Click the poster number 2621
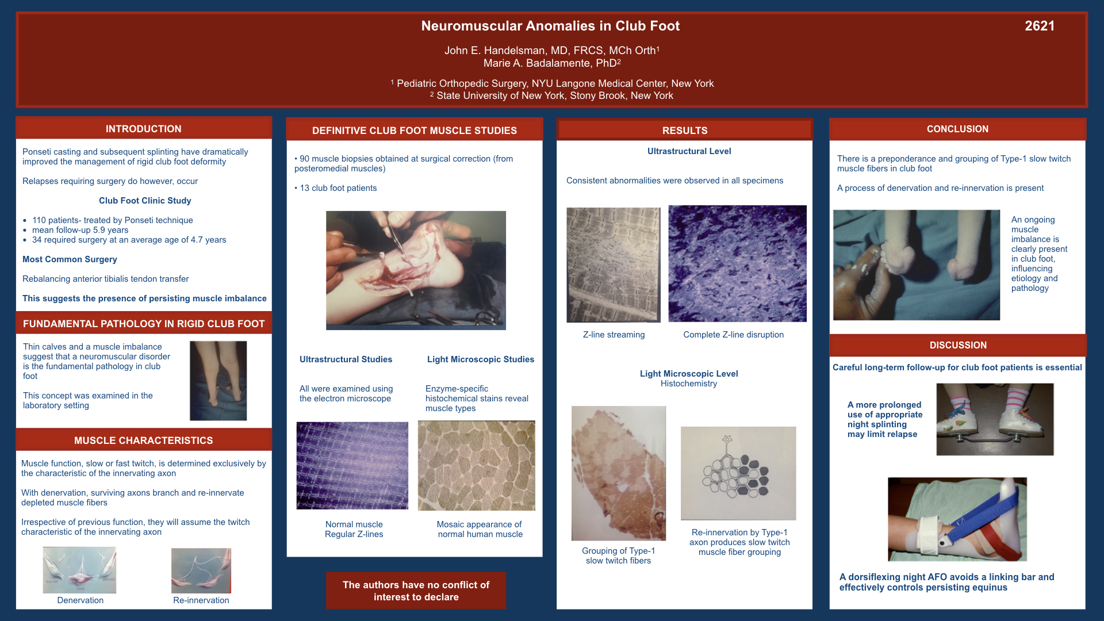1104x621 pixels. (1040, 26)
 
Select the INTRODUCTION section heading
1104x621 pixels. (144, 129)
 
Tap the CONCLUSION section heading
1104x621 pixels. (957, 129)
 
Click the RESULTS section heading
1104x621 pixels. (685, 131)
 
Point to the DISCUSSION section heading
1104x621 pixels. (958, 345)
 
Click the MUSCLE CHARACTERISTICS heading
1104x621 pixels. (144, 440)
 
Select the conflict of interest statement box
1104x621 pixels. (416, 591)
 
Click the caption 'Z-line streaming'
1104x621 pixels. (614, 335)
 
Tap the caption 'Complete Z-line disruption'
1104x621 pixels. (733, 335)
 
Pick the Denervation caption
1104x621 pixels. (80, 600)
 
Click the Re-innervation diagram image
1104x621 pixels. (201, 570)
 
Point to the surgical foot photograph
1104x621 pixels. (416, 270)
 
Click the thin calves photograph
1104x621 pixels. (218, 381)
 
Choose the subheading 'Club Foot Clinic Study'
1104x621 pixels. (145, 201)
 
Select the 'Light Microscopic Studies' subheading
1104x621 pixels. (481, 359)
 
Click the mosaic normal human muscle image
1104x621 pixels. (477, 466)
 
